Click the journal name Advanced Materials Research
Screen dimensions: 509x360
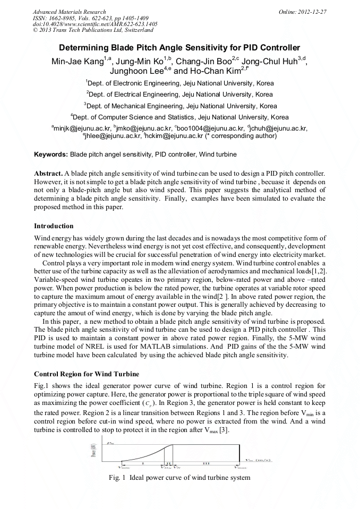tap(70, 12)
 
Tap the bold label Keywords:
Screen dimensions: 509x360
tap(51, 154)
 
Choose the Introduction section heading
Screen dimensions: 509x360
tap(54, 226)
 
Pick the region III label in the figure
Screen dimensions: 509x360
tap(206, 463)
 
